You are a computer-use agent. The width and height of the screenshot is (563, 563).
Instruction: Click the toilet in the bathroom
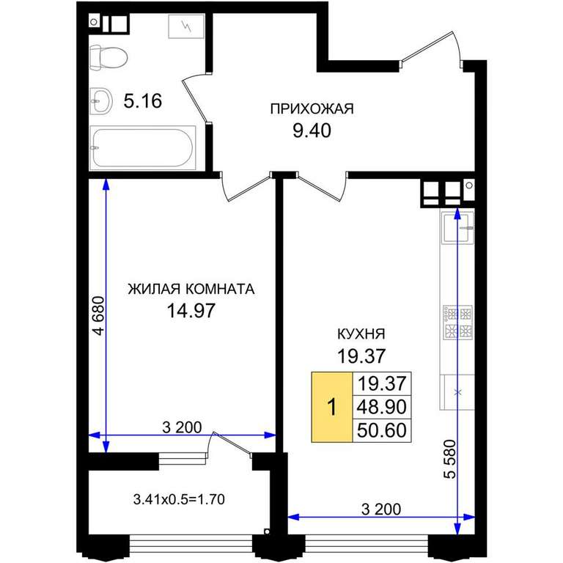[x=108, y=57]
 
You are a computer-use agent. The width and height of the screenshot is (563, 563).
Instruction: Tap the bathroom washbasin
[x=101, y=101]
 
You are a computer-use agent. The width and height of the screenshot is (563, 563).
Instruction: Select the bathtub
[x=142, y=147]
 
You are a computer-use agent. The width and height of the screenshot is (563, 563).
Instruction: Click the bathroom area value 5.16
[x=142, y=101]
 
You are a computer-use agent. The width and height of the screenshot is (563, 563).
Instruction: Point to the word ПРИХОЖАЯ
[x=312, y=108]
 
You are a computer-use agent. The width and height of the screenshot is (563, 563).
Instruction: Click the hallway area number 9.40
[x=312, y=130]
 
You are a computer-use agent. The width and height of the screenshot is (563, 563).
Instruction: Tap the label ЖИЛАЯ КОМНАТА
[x=191, y=289]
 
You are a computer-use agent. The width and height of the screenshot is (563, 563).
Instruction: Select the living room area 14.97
[x=191, y=311]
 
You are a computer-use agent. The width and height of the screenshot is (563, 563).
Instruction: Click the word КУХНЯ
[x=361, y=334]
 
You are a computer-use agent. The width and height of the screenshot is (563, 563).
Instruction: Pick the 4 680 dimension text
[x=98, y=316]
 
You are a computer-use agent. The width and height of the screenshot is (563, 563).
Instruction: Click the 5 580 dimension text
[x=449, y=459]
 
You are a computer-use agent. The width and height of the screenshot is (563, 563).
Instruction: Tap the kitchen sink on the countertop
[x=457, y=227]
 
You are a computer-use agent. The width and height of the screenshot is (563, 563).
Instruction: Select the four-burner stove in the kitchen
[x=457, y=323]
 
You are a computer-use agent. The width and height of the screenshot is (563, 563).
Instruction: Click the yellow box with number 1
[x=332, y=407]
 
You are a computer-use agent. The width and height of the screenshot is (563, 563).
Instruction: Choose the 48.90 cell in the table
[x=382, y=407]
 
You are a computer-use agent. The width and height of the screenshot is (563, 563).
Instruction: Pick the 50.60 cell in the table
[x=382, y=430]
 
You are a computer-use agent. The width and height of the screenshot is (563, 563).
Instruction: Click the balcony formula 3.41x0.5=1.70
[x=179, y=499]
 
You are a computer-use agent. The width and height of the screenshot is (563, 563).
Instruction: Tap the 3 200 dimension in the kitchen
[x=381, y=509]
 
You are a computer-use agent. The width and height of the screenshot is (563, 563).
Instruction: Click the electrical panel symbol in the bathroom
[x=186, y=26]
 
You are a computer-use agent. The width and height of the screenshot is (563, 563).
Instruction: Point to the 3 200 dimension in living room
[x=182, y=427]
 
